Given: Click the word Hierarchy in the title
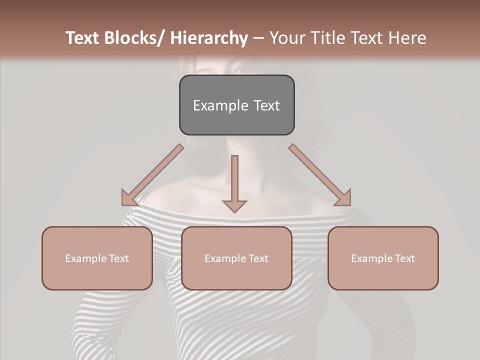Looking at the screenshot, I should point(208,38).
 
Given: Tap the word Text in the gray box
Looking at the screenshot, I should point(266,105).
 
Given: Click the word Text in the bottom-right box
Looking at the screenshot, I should point(404,258).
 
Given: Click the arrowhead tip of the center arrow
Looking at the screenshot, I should point(234,211).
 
